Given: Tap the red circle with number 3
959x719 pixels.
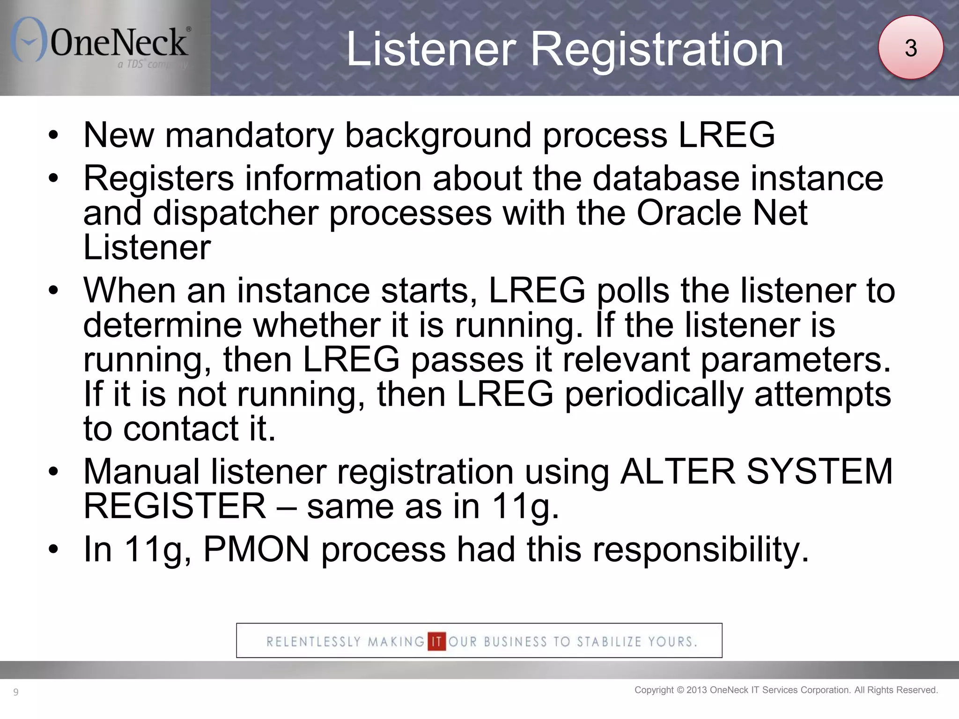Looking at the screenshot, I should click(x=910, y=48).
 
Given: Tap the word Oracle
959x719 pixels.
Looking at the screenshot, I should click(x=688, y=213).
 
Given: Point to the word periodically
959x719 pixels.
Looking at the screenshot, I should click(x=654, y=395).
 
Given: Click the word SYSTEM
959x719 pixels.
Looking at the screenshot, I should click(x=819, y=471).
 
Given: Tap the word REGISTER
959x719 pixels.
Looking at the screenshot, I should click(x=175, y=506).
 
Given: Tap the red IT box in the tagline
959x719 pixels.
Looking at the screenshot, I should click(x=436, y=641).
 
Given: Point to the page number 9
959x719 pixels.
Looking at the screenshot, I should click(x=16, y=692).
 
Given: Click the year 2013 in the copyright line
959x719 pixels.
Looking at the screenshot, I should click(x=697, y=690).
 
